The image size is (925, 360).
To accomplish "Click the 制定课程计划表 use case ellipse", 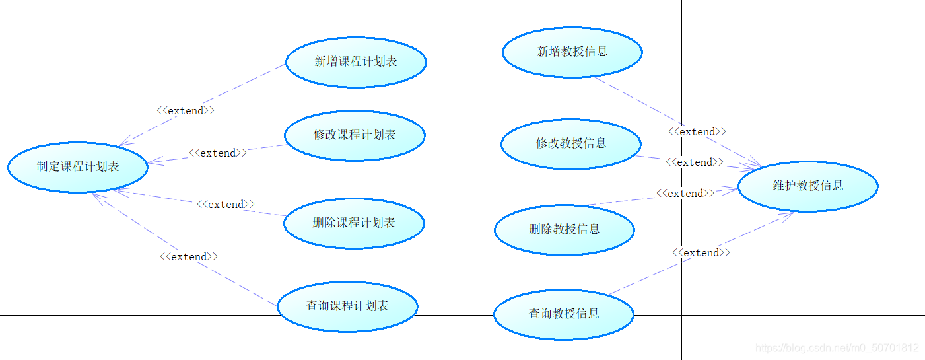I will (x=78, y=167).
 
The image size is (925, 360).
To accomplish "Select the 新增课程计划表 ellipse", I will (x=356, y=62).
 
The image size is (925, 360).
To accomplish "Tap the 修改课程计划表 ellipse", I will (x=355, y=135).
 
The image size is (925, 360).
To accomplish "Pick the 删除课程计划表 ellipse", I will (x=354, y=223).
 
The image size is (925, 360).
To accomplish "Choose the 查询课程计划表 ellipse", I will (x=347, y=306).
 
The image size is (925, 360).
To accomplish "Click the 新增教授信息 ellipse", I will (x=572, y=52).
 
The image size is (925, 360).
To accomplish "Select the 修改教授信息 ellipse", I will (x=571, y=143).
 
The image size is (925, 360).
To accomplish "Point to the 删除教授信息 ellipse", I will (x=565, y=230).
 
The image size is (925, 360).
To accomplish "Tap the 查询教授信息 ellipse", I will (x=564, y=314).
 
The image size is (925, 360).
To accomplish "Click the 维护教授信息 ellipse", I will (x=808, y=186).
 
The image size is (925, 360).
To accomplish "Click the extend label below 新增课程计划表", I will (x=186, y=111).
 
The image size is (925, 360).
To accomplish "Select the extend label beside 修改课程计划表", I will (x=218, y=153).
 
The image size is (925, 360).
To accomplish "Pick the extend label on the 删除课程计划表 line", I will (x=226, y=205).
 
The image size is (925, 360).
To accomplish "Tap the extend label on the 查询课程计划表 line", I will (x=189, y=256).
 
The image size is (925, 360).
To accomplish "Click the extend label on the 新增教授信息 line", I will (x=697, y=132).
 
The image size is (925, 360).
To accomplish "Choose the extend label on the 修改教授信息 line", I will (x=695, y=162).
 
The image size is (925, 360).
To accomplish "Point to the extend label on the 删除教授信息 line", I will (x=685, y=194).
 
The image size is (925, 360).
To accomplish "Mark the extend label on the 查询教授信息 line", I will (x=701, y=253).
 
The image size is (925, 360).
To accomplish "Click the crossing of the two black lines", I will (x=681, y=315).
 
